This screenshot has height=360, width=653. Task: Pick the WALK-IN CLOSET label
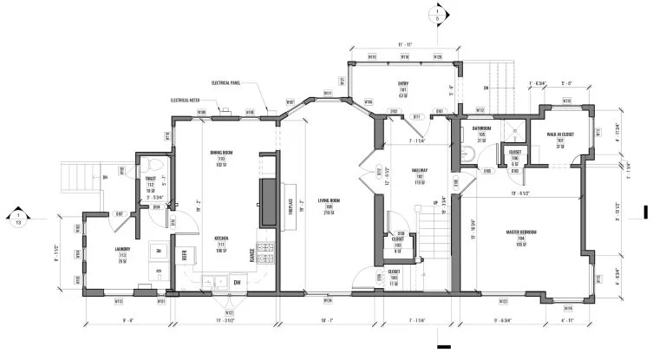(559, 134)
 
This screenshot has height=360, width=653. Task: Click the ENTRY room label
(403, 84)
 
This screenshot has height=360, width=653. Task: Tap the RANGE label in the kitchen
(252, 253)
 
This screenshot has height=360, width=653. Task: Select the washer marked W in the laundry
(156, 252)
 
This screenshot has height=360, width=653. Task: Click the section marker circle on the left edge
(17, 218)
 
